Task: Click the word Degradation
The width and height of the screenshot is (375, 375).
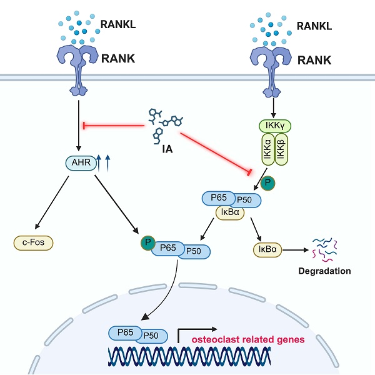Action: point(324,271)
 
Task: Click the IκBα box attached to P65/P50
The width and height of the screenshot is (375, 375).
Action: point(229,212)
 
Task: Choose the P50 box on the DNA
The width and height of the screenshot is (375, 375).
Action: point(150,335)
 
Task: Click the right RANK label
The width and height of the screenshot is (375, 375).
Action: point(314,61)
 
